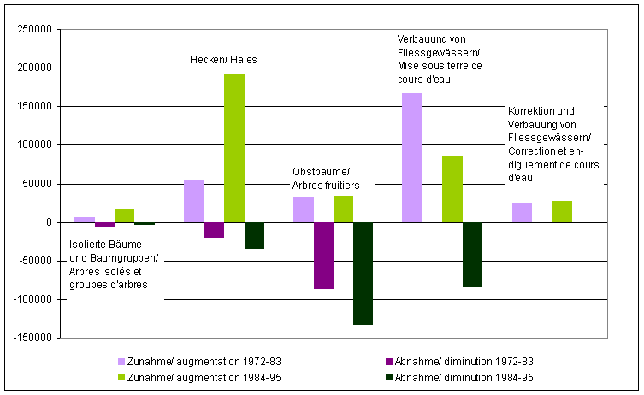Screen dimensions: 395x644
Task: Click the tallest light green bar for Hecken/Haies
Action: tap(234, 149)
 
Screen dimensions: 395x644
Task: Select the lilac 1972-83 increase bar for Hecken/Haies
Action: tap(194, 202)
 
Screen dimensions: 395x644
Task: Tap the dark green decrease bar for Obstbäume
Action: tap(363, 274)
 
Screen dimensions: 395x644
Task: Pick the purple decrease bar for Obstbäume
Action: tap(323, 256)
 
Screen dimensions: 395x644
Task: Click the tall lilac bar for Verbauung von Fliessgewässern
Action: tap(411, 157)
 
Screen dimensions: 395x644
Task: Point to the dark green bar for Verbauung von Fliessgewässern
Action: tap(472, 255)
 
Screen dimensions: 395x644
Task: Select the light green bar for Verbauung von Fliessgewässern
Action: tap(452, 190)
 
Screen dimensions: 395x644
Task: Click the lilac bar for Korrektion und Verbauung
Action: tap(522, 212)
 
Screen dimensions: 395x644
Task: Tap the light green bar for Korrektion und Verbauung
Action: tap(562, 211)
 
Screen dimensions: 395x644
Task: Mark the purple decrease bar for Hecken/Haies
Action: tap(214, 230)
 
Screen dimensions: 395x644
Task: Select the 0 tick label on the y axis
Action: tap(50, 222)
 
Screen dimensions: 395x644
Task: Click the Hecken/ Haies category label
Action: tap(223, 60)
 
